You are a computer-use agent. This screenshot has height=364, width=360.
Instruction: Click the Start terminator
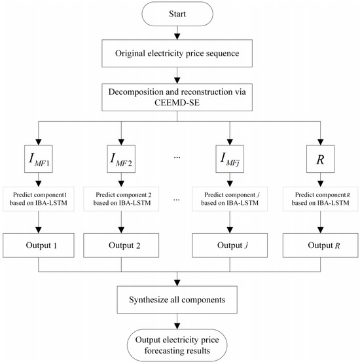point(177,14)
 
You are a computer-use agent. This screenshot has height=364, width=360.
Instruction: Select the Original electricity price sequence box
point(177,53)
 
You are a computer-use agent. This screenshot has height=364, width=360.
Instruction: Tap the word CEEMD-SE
point(177,102)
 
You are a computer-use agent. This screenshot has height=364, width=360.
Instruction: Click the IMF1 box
point(39,159)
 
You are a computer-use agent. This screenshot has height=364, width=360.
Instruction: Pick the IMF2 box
point(121,159)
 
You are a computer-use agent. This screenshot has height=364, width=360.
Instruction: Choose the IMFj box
point(230,159)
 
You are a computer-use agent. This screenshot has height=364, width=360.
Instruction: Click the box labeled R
point(320,159)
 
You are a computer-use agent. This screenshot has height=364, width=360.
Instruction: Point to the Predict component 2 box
point(121,199)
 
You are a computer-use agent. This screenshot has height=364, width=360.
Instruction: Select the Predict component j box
point(230,199)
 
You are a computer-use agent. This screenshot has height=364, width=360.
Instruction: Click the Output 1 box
point(39,246)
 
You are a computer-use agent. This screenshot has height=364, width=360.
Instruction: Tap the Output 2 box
point(121,246)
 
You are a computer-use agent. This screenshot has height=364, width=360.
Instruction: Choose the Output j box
point(230,246)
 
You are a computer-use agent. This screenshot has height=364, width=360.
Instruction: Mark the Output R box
point(320,246)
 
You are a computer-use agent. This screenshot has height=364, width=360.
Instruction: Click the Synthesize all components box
point(177,299)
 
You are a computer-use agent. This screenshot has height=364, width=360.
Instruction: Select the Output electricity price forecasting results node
point(177,345)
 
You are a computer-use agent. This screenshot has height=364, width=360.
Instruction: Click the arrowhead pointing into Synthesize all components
point(177,283)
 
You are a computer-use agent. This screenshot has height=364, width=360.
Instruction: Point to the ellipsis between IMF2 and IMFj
point(177,158)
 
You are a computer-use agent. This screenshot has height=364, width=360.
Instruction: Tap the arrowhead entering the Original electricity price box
point(177,37)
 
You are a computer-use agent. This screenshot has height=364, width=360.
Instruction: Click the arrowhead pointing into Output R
point(321,230)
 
